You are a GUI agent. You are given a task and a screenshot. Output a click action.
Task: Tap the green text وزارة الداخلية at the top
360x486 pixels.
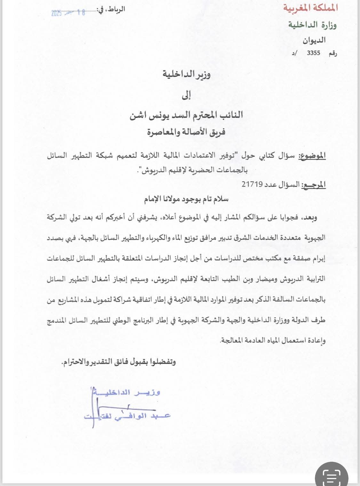tap(312, 25)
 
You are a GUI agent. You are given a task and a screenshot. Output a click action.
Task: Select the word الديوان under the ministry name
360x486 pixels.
tap(314, 40)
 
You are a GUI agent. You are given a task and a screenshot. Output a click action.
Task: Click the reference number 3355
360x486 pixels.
tap(313, 53)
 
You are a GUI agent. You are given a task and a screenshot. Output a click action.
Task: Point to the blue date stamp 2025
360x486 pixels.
tap(56, 13)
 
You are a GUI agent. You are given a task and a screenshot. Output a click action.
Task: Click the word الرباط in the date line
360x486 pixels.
tap(116, 9)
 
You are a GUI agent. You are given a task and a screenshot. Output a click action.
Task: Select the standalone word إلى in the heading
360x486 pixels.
tap(186, 95)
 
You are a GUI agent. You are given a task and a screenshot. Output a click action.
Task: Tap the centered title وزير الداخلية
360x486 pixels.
tap(186, 74)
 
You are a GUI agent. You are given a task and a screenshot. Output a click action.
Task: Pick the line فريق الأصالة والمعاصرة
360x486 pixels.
tap(186, 132)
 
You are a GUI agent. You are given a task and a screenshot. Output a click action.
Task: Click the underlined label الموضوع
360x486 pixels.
tap(312, 156)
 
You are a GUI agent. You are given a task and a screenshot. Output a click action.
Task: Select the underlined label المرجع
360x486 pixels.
tap(313, 184)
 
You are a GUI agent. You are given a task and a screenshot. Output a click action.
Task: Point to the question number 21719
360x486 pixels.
tap(252, 184)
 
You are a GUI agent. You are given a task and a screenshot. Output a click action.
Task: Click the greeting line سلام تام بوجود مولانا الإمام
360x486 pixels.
tap(186, 199)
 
